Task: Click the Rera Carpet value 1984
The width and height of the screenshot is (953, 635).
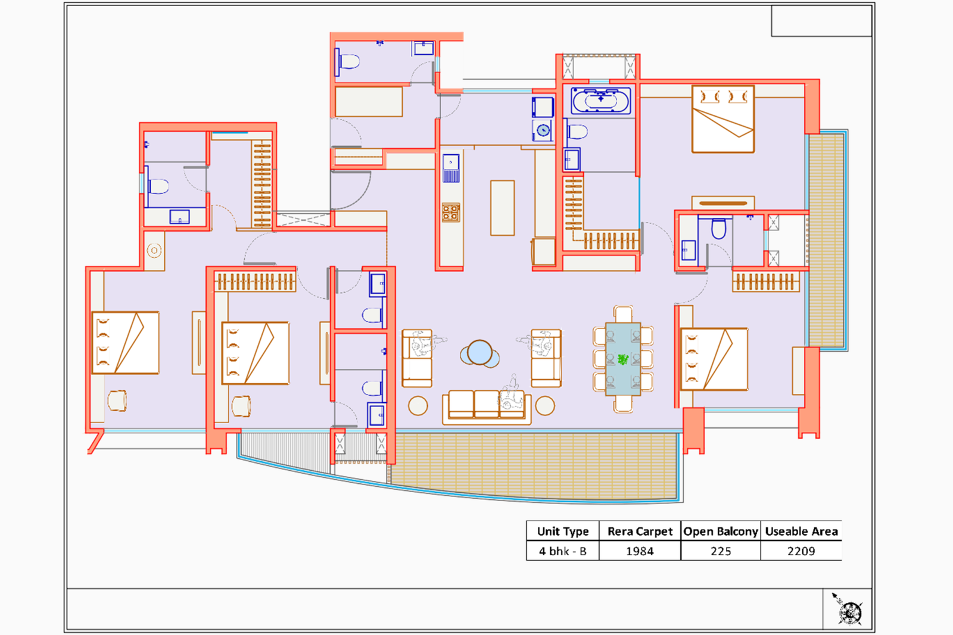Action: coord(640,551)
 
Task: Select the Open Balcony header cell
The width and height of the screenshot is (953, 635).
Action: coord(721,531)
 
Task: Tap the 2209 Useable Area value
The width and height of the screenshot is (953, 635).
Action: coord(801,551)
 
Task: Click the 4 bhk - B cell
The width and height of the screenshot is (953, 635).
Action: coord(563,551)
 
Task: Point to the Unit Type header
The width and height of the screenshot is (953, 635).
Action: coord(563,531)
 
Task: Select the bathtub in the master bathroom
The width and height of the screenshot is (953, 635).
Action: coord(600,101)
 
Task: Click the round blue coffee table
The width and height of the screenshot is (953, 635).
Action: coord(479,353)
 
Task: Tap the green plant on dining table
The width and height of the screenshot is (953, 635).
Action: coord(623,359)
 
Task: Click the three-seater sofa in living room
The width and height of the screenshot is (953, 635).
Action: coord(487,406)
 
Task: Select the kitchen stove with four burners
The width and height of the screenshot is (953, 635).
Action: coord(451,212)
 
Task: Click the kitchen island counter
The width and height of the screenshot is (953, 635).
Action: coord(502,208)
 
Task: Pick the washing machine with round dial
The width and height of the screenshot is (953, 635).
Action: coord(543,130)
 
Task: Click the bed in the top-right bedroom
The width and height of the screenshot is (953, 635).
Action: coord(723,119)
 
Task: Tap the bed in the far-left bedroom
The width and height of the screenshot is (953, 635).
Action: coord(126,343)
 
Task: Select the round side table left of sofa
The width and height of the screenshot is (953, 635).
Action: coord(418,406)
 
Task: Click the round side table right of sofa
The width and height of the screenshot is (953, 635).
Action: coord(545,406)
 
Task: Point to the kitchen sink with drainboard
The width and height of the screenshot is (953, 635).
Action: coord(451,168)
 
